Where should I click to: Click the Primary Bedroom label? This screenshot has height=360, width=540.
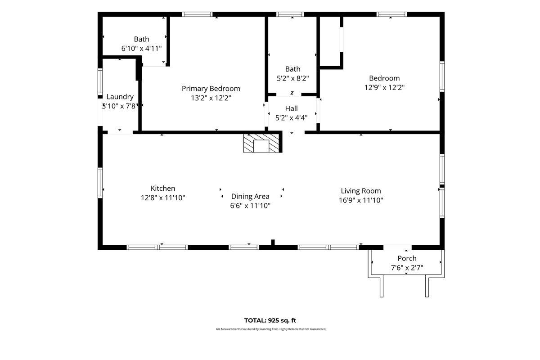[x=211, y=89]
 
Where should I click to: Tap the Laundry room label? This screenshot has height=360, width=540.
[x=120, y=97]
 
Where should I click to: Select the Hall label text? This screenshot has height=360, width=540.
[x=292, y=108]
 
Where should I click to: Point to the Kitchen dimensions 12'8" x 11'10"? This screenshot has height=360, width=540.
[x=163, y=198]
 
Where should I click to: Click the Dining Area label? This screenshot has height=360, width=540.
[x=250, y=196]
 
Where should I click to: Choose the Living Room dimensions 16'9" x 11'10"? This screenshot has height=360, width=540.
[x=361, y=200]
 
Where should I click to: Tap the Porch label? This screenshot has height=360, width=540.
[x=407, y=258]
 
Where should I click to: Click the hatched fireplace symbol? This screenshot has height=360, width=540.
[x=261, y=143]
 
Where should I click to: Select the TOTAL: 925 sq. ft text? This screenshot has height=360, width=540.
[x=270, y=320]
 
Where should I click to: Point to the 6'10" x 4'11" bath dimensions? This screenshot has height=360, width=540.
[x=141, y=49]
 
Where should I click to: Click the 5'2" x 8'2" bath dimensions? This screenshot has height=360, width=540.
[x=292, y=78]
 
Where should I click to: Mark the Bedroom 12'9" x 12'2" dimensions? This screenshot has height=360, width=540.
[x=384, y=87]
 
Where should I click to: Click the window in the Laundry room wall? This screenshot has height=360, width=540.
[x=100, y=82]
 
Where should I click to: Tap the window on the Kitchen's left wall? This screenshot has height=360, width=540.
[x=100, y=183]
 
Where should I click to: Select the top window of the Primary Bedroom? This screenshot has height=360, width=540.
[x=197, y=14]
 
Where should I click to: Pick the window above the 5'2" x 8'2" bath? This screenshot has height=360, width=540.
[x=290, y=14]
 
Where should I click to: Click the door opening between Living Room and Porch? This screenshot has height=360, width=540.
[x=397, y=247]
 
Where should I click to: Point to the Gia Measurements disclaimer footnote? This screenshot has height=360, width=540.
[x=271, y=329]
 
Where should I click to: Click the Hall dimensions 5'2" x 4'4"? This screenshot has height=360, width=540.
[x=292, y=118]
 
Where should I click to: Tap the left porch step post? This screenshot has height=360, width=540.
[x=382, y=287]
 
